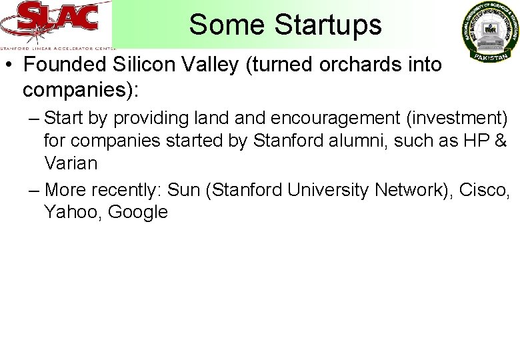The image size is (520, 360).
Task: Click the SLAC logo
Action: (57, 24)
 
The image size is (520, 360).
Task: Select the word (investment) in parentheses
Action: (454, 119)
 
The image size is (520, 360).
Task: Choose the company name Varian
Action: (71, 163)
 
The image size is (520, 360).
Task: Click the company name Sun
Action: (183, 190)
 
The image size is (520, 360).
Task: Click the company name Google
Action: (137, 212)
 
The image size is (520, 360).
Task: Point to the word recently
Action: (127, 190)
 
